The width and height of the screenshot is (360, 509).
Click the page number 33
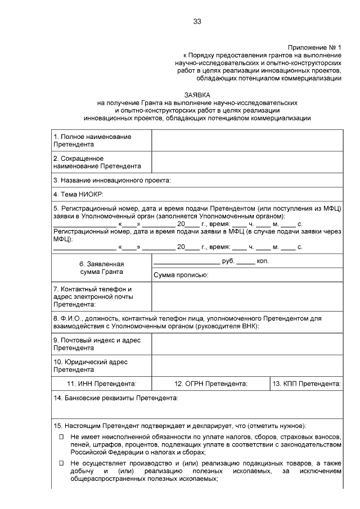[x=197, y=21]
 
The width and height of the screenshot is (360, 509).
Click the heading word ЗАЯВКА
[x=197, y=95]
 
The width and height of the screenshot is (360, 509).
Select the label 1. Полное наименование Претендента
[x=92, y=141]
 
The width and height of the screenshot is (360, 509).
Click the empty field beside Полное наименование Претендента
[x=246, y=141]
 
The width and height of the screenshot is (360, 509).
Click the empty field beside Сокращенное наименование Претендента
[x=246, y=163]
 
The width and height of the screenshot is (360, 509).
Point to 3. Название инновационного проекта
[x=112, y=181]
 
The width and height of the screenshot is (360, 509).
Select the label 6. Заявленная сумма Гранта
[x=101, y=268]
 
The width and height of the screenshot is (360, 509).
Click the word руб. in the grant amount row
[x=228, y=262]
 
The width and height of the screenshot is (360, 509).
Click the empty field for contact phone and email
[x=246, y=296]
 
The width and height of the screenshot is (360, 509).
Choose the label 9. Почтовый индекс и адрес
[x=97, y=344]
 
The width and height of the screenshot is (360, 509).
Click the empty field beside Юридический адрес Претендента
[x=246, y=366]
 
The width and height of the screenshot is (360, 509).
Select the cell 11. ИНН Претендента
[x=101, y=384]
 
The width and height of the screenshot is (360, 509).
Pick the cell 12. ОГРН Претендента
[x=211, y=384]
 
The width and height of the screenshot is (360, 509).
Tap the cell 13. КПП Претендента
[x=307, y=384]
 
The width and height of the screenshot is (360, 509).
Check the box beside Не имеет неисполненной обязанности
[x=62, y=437]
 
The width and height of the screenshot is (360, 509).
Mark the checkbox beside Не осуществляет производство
[x=62, y=463]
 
